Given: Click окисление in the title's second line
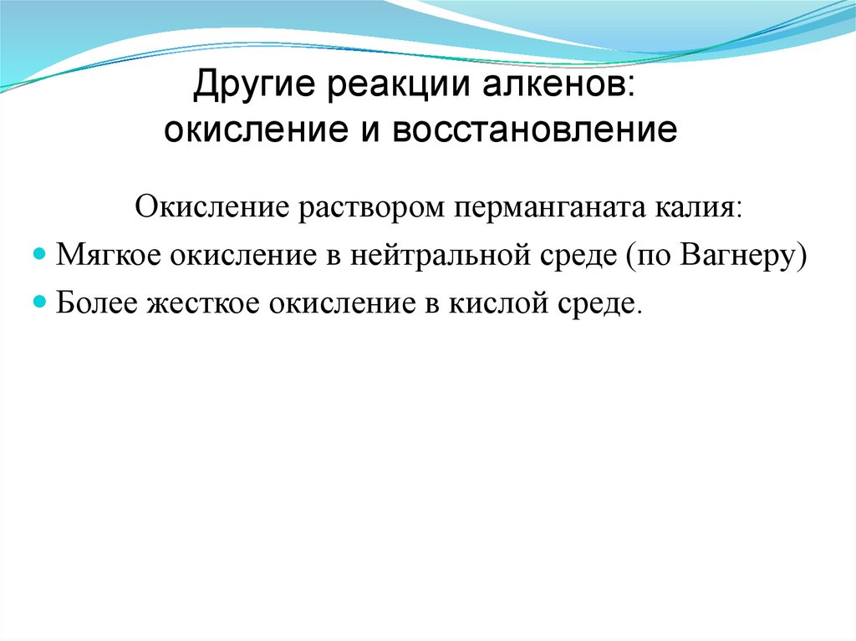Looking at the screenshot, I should [242, 130].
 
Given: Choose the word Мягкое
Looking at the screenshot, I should [109, 255].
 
